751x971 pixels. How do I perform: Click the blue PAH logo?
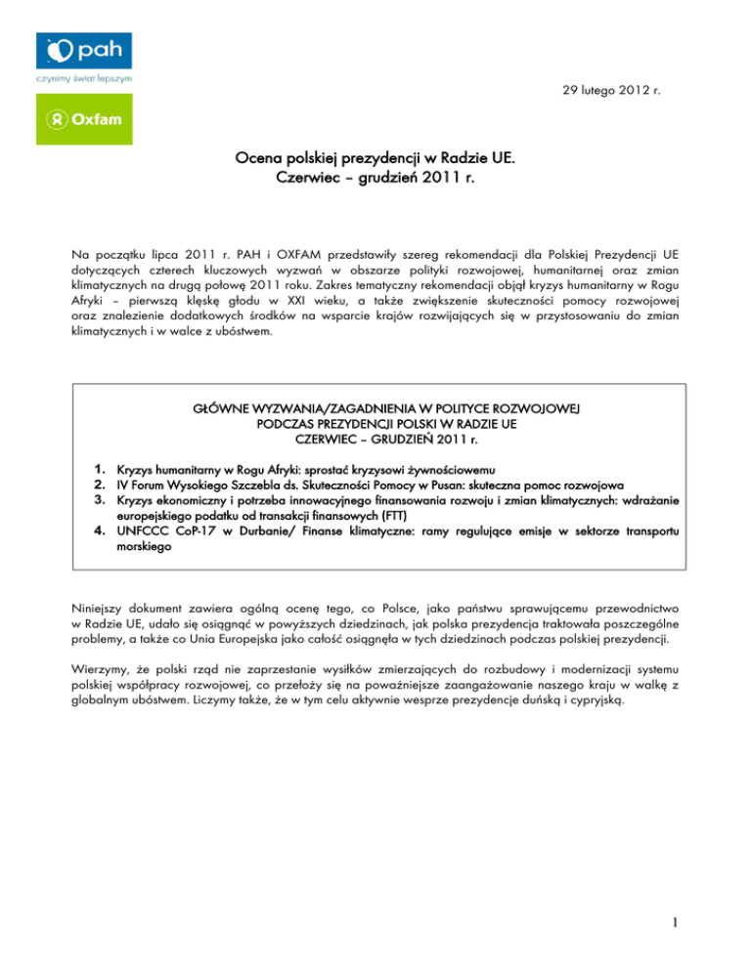[84, 50]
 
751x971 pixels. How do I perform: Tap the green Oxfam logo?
[84, 119]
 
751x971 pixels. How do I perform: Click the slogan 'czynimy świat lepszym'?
[83, 77]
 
